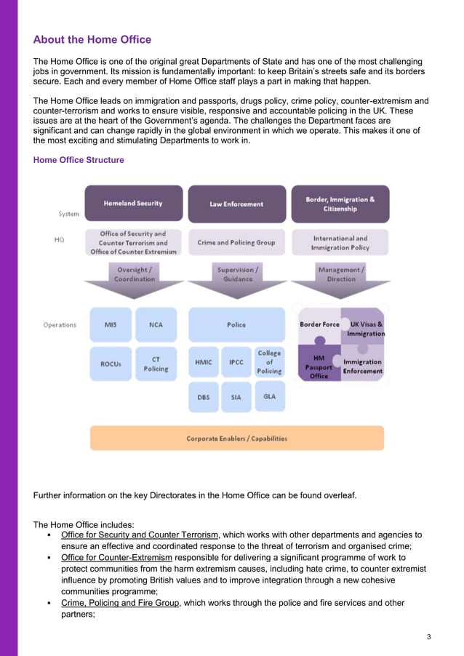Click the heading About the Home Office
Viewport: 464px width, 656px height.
point(92,39)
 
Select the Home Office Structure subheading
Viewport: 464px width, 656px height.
point(79,160)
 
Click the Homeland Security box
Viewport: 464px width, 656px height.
point(133,204)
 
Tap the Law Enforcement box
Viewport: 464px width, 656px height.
point(236,204)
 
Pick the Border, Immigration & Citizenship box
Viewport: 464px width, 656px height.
point(340,204)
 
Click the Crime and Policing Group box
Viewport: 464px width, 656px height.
point(236,242)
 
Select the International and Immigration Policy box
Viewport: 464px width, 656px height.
point(340,242)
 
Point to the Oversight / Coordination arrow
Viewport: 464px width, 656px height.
point(134,276)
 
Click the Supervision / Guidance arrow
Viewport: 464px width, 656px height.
point(236,276)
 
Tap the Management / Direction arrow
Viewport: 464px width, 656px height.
point(340,276)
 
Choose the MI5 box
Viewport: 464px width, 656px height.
point(111,324)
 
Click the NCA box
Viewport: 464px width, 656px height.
point(156,324)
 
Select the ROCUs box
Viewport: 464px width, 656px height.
point(111,363)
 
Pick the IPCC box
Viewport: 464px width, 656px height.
point(236,361)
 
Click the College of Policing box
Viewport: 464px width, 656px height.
point(269,361)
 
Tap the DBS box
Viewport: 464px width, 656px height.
point(204,397)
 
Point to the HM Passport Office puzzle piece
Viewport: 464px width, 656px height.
point(319,367)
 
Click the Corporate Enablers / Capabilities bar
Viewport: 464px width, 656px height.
point(236,439)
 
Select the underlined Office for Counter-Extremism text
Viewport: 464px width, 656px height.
point(117,558)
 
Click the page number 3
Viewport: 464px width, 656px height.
point(429,637)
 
